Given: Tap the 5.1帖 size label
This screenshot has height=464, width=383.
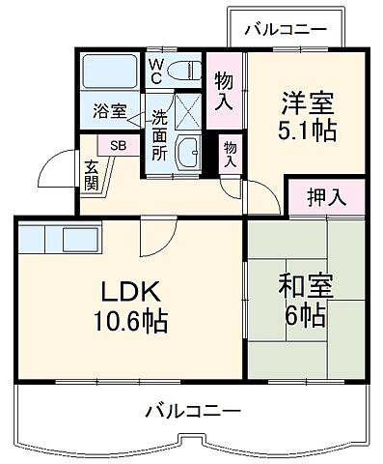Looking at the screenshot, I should click(310, 130).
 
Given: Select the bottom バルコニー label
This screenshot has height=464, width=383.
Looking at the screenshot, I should click(194, 412).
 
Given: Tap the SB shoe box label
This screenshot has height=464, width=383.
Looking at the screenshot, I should click(116, 146).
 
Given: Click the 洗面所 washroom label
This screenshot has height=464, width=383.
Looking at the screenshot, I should click(159, 136).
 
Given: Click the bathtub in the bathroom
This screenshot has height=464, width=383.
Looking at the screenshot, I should click(111, 72).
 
